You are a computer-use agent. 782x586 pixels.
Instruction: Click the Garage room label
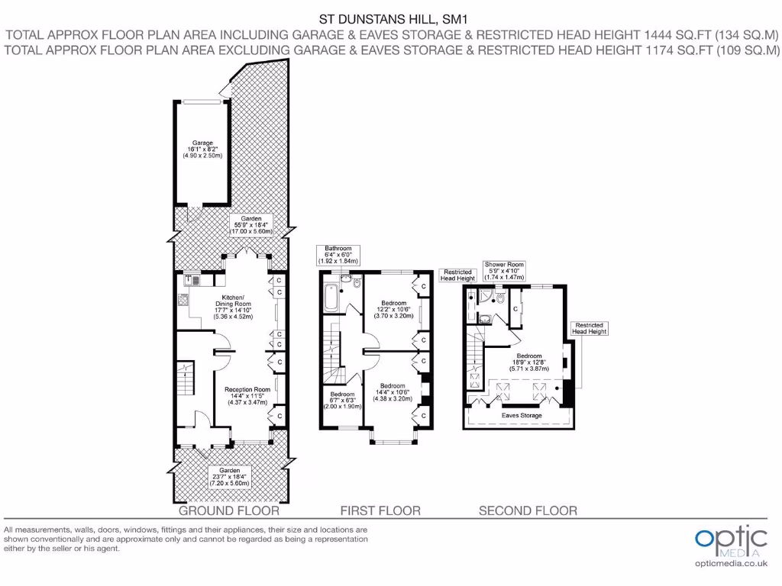(202, 149)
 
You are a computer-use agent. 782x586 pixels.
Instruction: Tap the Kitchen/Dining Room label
(233, 306)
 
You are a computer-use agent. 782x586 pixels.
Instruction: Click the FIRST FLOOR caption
(380, 510)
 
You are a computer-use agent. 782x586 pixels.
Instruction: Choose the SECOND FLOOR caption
(528, 510)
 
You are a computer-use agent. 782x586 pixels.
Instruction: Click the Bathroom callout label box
(338, 255)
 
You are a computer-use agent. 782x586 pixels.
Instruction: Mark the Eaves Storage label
(522, 416)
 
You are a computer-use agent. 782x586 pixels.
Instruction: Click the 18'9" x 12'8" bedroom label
(529, 362)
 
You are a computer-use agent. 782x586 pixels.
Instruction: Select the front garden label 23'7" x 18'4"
(230, 478)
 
